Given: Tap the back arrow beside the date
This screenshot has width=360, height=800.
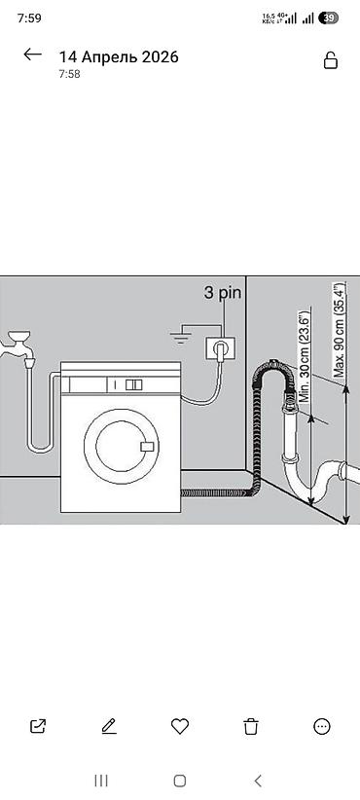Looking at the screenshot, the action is (33, 55).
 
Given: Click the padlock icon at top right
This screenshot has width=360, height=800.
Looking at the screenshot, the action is (331, 60).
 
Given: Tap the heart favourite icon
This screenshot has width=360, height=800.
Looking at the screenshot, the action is (179, 726).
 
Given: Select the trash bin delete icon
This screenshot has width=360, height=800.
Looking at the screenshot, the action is (250, 726).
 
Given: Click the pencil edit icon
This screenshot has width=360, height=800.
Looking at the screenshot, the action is (109, 726).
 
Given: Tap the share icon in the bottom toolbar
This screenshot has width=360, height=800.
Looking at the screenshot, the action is (38, 726).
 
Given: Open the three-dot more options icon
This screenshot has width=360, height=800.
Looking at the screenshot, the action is (322, 726).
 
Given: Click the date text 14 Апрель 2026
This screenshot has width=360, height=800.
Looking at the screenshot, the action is (119, 57).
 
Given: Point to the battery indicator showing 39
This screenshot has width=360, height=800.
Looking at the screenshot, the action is (329, 18).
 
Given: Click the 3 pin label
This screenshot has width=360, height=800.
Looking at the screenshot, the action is (222, 293).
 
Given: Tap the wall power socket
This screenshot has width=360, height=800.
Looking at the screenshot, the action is (220, 349).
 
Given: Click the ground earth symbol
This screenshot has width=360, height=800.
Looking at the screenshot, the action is (181, 338).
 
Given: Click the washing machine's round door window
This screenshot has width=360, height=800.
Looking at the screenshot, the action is (121, 446).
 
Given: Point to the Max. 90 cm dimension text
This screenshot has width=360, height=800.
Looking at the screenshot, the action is (339, 330).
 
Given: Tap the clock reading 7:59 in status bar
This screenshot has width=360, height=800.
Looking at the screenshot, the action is (29, 18).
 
